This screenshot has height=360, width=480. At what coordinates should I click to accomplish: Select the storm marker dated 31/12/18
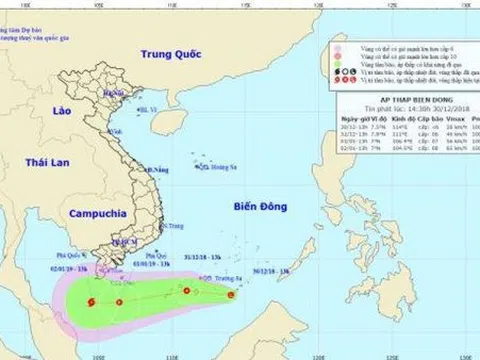click(185, 291)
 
